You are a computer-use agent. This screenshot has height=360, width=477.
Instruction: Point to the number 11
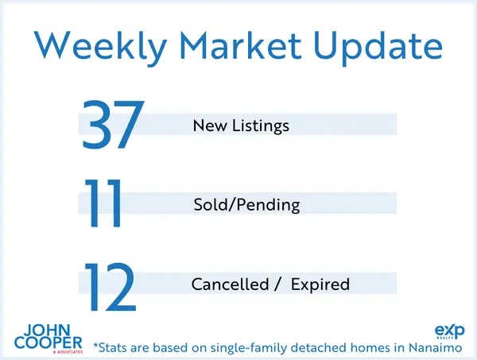coord(105,205)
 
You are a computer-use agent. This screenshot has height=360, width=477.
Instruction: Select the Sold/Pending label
coord(246,205)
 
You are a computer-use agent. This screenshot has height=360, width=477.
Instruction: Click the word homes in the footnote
coord(355,346)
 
